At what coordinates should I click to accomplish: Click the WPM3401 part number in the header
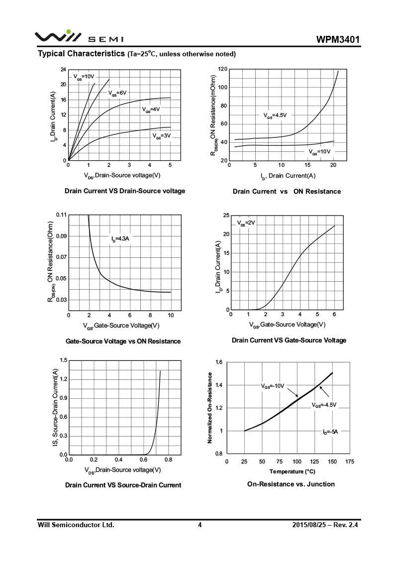(x=338, y=39)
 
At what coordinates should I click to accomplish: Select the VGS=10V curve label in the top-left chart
(x=84, y=77)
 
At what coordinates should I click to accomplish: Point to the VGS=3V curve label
(x=161, y=135)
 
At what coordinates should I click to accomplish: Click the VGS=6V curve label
(x=117, y=93)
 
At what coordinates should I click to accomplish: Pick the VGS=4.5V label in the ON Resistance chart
(x=275, y=115)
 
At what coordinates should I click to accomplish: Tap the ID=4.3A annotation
(x=120, y=239)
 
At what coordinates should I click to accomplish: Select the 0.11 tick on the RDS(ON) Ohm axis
(x=61, y=215)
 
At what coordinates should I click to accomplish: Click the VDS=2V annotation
(x=246, y=223)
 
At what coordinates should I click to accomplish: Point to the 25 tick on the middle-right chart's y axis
(x=226, y=216)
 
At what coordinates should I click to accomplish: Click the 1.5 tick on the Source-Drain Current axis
(x=63, y=360)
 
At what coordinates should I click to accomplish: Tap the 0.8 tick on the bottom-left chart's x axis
(x=168, y=460)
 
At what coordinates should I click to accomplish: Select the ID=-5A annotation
(x=330, y=432)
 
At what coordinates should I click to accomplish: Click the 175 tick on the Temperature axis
(x=350, y=462)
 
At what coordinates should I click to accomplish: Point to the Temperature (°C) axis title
(x=292, y=471)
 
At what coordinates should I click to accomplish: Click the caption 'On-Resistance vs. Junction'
(x=291, y=484)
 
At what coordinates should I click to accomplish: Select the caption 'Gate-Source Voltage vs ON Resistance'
(x=123, y=341)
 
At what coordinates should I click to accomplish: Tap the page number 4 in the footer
(x=199, y=525)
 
